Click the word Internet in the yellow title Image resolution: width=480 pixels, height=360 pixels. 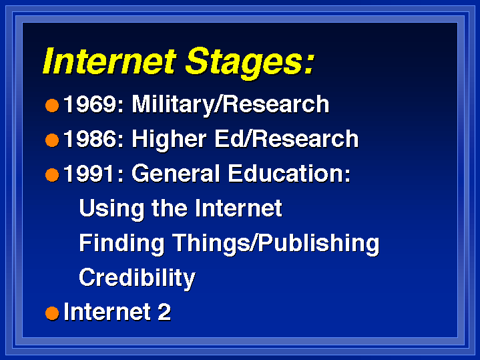(x=110, y=61)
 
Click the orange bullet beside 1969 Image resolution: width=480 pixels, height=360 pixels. (x=52, y=106)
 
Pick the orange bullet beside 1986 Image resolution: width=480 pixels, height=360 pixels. (x=52, y=140)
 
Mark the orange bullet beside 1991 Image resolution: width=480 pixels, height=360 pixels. (x=52, y=175)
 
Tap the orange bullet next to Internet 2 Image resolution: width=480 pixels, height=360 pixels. (x=52, y=313)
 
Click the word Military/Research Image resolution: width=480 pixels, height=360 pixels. (x=230, y=105)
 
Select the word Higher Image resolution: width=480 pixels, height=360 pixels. (x=170, y=140)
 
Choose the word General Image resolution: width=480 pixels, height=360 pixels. (x=176, y=174)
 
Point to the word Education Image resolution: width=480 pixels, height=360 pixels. (x=289, y=174)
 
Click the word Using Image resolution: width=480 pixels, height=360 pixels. (x=111, y=209)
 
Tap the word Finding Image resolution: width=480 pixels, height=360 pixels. (x=122, y=244)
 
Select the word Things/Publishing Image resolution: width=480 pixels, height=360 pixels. (x=276, y=244)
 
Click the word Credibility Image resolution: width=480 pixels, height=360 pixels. (x=137, y=278)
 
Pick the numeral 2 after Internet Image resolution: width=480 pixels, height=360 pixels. (x=164, y=312)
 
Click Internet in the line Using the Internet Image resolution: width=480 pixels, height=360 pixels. (x=238, y=208)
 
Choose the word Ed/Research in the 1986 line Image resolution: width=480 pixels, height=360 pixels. (x=286, y=139)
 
